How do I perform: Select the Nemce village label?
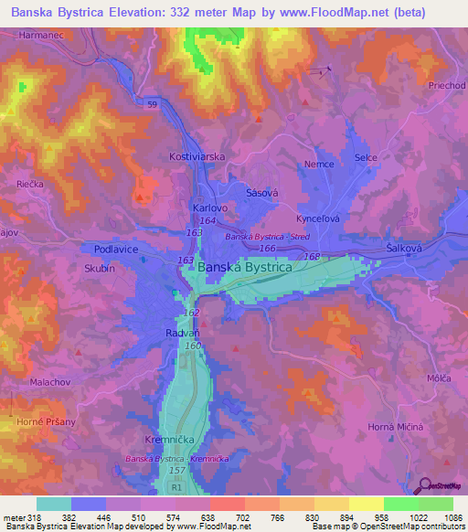pyautogui.click(x=319, y=164)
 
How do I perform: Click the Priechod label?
pyautogui.click(x=447, y=85)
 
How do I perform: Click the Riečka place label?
pyautogui.click(x=30, y=184)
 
